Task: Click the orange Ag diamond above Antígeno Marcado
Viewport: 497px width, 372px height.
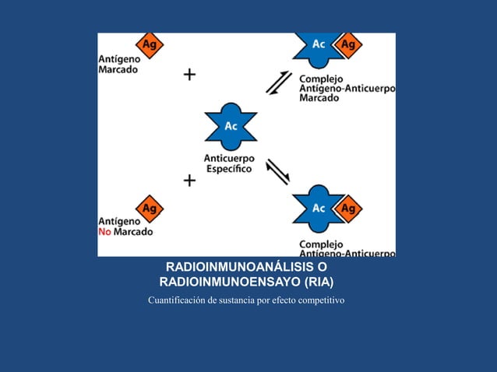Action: coord(150,45)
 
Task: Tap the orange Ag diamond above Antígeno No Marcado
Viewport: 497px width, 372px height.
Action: coord(150,209)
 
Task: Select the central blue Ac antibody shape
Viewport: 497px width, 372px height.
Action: coord(231,126)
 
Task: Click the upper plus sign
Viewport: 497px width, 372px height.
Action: coord(189,75)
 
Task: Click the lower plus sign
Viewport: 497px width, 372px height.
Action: coord(189,181)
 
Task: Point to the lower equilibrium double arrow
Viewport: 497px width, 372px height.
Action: coord(278,171)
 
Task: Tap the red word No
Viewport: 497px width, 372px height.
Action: coord(105,231)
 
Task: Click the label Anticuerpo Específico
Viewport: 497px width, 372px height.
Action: coord(228,164)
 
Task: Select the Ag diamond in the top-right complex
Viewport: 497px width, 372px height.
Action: coord(348,45)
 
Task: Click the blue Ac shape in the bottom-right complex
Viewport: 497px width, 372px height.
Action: coord(319,209)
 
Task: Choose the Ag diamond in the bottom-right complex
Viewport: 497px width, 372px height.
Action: coord(348,209)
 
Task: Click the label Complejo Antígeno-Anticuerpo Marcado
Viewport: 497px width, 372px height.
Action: coord(347,88)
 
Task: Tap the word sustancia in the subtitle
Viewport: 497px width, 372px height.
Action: coord(248,300)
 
